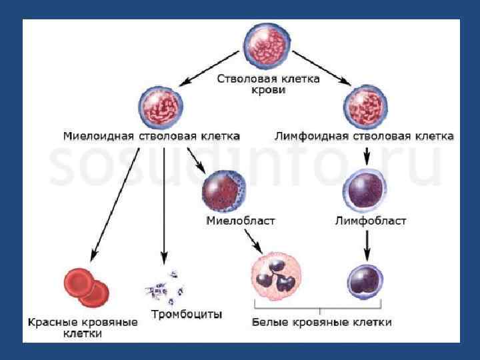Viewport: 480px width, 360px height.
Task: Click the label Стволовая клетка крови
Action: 269,84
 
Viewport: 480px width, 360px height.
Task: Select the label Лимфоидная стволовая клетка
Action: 364,136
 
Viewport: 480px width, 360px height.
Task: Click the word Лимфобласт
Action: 370,221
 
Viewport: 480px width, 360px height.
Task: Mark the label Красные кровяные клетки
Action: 83,327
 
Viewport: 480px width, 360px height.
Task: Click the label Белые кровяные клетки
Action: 321,322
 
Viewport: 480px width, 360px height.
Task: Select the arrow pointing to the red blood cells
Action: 115,203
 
